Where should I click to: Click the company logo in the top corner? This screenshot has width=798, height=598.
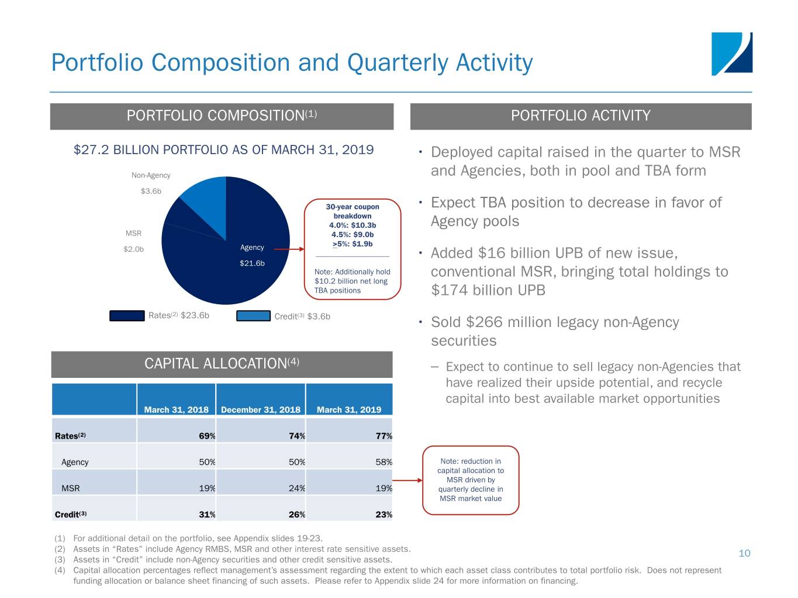731,54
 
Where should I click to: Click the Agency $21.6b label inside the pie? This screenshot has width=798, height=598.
252,255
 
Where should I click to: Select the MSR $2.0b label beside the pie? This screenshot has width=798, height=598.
133,241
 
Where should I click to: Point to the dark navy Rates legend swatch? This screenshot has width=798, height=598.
127,315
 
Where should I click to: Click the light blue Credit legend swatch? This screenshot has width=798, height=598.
253,315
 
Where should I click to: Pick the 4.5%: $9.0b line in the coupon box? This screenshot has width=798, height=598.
353,235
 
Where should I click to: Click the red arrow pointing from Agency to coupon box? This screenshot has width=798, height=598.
289,249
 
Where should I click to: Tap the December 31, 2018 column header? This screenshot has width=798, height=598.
261,409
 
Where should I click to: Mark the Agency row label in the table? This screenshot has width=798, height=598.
75,462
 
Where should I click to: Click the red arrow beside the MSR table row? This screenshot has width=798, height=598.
407,481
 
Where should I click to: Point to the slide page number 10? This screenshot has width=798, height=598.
744,553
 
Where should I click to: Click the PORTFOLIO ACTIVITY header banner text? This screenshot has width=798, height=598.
581,116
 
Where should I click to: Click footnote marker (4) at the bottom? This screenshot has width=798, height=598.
60,570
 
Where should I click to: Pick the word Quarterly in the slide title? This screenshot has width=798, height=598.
397,63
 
